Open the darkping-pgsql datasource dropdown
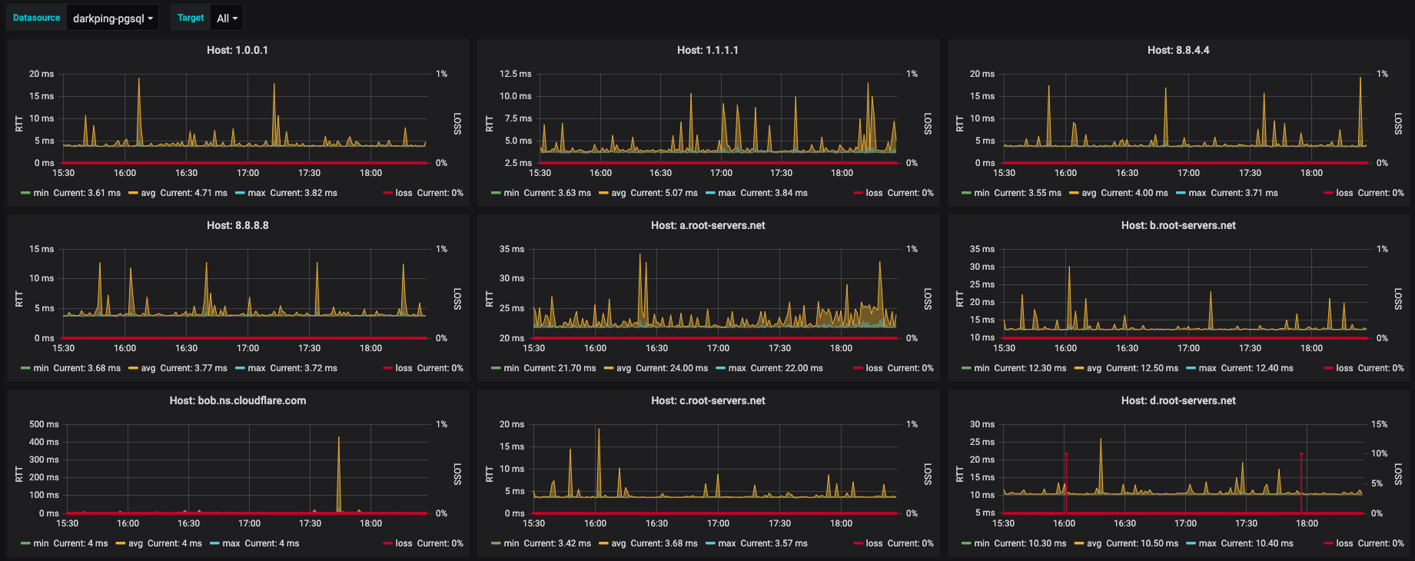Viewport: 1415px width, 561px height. (x=112, y=18)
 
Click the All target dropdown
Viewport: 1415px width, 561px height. (x=227, y=18)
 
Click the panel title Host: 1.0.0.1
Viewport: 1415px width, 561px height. (x=237, y=50)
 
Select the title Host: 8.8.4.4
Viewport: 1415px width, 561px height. (x=1178, y=50)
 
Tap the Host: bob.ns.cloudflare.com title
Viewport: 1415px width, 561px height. (x=237, y=400)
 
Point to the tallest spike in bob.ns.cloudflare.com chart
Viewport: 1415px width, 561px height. (x=339, y=439)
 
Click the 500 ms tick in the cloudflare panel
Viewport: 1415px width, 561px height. (x=44, y=424)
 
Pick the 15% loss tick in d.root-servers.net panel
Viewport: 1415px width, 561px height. (x=1380, y=424)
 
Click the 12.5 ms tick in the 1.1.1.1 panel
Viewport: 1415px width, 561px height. (x=515, y=74)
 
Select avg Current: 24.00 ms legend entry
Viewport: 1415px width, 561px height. (x=656, y=368)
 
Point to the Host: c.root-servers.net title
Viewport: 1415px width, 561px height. (x=708, y=400)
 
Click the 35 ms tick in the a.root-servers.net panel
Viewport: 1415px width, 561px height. (x=512, y=249)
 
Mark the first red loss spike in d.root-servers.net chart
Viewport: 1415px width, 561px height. (x=1066, y=455)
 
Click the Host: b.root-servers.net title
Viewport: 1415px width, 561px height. (x=1178, y=225)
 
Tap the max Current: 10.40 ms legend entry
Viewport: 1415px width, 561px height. (x=1239, y=543)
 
